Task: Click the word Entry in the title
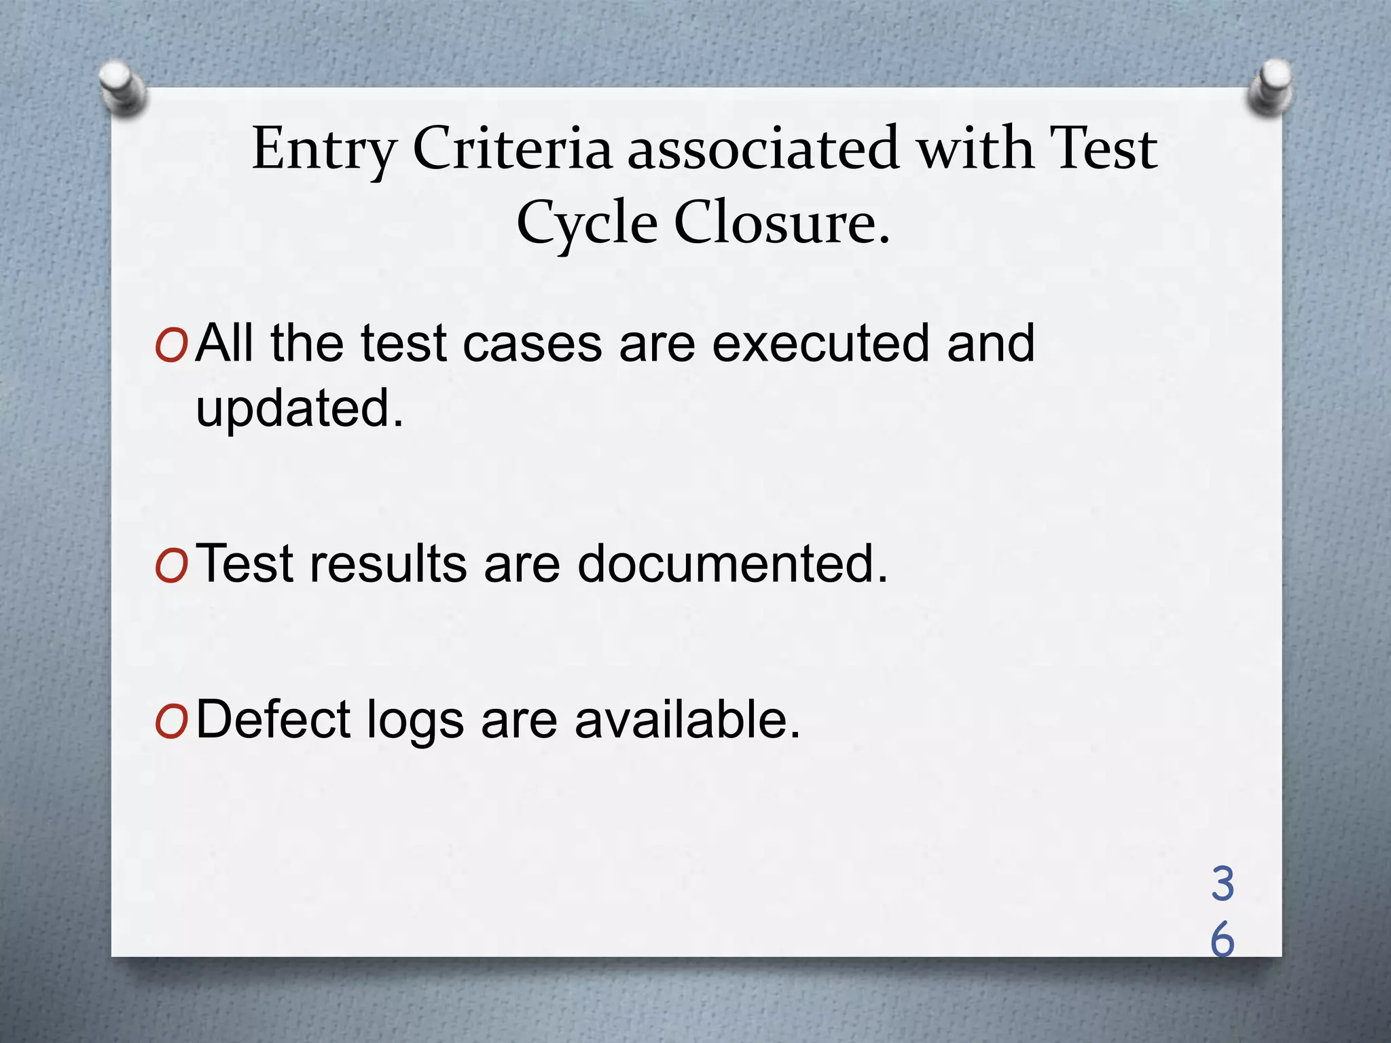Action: click(x=324, y=149)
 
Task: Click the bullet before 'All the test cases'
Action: click(x=170, y=347)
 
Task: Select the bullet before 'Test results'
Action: click(x=170, y=567)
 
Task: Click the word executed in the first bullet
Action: click(x=820, y=343)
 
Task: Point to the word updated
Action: click(x=299, y=409)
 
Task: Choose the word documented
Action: click(x=732, y=564)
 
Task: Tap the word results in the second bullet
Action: click(x=389, y=564)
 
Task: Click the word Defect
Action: click(x=273, y=719)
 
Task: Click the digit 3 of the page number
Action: click(x=1223, y=884)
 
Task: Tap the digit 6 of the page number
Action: click(x=1223, y=940)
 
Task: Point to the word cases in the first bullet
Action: click(x=532, y=343)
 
